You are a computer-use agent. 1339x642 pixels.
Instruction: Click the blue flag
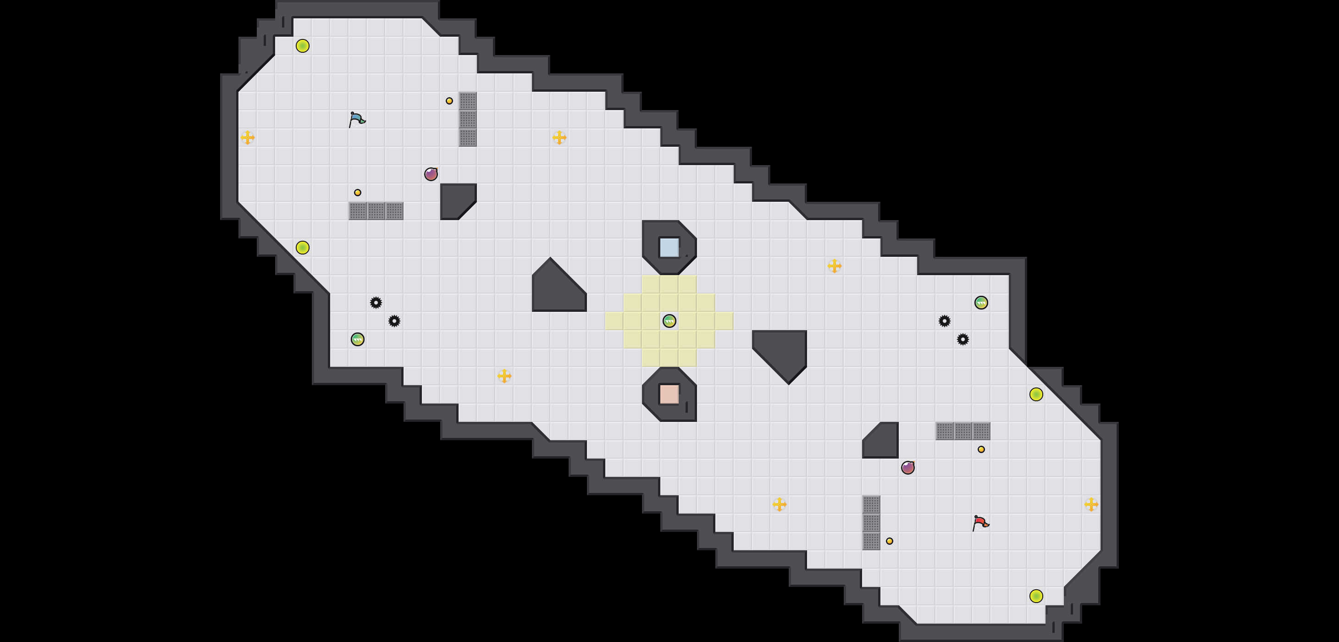point(357,120)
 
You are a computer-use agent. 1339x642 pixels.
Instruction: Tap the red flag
point(980,522)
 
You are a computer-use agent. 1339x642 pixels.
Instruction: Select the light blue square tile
point(669,248)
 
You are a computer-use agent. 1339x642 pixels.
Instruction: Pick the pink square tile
point(669,394)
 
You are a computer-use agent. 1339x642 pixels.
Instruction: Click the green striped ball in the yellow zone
point(669,321)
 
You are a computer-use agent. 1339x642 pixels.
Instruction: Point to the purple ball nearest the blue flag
point(431,174)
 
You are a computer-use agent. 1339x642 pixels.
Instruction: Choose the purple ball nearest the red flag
point(907,467)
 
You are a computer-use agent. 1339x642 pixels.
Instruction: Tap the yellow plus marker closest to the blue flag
point(248,137)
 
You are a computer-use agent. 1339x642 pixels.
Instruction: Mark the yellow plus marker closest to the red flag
point(1091,504)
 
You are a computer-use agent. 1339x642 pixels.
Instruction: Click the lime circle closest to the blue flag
point(303,46)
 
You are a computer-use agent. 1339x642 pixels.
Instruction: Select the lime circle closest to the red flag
point(1036,596)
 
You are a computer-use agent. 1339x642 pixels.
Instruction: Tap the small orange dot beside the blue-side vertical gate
point(449,101)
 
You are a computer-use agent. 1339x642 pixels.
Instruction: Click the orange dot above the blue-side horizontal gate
point(358,192)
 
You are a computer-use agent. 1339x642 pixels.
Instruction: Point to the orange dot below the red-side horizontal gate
point(981,449)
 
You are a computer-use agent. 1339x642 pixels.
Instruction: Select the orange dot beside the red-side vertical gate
point(889,541)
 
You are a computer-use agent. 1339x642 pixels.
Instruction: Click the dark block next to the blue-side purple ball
point(456,199)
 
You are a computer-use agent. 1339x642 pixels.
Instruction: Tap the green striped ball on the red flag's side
point(981,303)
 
